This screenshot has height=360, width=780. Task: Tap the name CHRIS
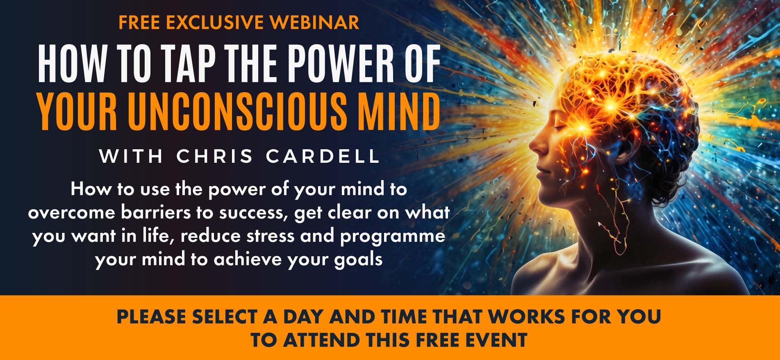(215, 156)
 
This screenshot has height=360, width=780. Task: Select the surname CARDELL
(323, 156)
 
